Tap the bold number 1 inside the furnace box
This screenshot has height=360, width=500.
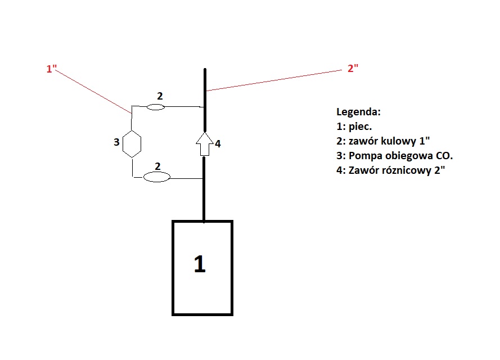[x=199, y=264]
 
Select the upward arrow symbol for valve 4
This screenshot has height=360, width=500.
[x=205, y=144]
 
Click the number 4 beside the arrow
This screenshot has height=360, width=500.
[x=218, y=143]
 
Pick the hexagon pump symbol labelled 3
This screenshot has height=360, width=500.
[x=132, y=143]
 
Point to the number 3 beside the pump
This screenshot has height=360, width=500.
[x=116, y=142]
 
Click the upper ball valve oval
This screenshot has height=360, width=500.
[x=155, y=106]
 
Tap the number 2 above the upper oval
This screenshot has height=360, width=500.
[x=160, y=96]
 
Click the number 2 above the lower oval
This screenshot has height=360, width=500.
[x=158, y=166]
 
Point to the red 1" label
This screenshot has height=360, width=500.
[x=52, y=69]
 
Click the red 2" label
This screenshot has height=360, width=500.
[x=353, y=69]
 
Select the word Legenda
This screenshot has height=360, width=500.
[x=358, y=111]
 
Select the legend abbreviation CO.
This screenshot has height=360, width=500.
[x=444, y=155]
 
